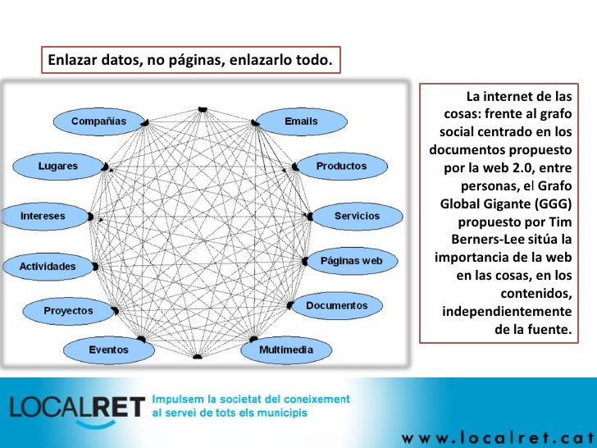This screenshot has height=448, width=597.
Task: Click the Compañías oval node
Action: [98, 121]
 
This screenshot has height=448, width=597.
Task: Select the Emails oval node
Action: [300, 121]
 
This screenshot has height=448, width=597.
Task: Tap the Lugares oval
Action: [57, 166]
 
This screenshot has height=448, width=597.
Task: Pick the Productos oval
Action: [341, 166]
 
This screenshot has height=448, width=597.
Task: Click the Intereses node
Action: [43, 216]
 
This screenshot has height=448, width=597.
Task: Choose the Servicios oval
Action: [357, 216]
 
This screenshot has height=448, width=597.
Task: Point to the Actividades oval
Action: [48, 267]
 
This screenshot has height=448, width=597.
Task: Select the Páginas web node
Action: [351, 261]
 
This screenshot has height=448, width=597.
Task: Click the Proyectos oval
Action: [68, 311]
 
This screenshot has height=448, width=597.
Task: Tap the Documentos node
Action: [336, 305]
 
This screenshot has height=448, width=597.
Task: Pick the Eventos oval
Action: [108, 350]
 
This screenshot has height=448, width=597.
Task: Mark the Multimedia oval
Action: [285, 350]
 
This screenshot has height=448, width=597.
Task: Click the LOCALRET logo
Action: [77, 408]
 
